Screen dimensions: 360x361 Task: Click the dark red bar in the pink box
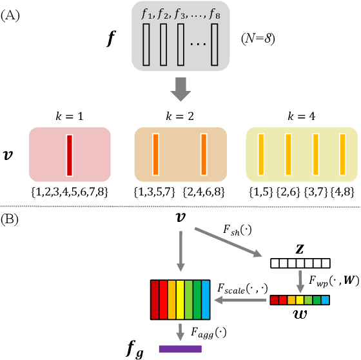[x=70, y=154]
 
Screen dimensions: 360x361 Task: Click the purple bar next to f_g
[x=180, y=348]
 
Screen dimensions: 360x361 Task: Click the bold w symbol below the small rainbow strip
[x=300, y=316]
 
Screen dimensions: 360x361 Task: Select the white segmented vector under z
[x=300, y=263]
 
